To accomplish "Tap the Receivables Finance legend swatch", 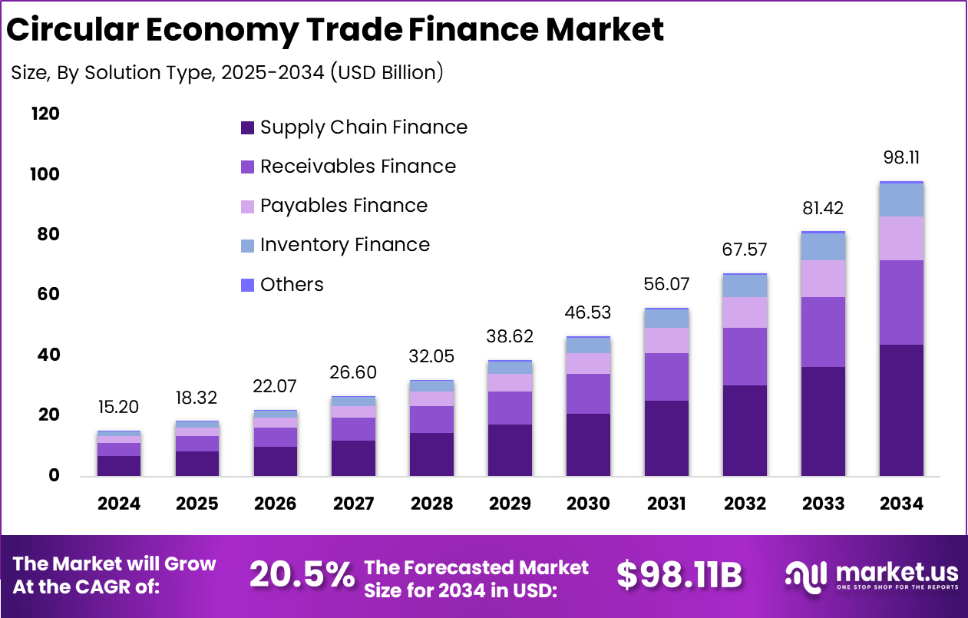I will click(247, 167).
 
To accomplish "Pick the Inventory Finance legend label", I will click(345, 245).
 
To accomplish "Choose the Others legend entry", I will click(292, 285).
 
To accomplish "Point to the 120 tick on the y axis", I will click(45, 114).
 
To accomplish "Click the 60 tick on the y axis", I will click(48, 295).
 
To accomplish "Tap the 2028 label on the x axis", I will click(431, 504).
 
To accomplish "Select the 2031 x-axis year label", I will click(666, 504).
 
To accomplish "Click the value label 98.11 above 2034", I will click(901, 158).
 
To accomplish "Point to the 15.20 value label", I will click(119, 408).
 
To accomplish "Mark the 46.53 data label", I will click(588, 313).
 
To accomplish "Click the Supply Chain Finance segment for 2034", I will click(901, 410).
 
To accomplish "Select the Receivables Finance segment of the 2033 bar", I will click(823, 332).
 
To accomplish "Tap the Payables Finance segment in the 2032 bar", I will click(745, 312).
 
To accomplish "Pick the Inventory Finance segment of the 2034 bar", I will click(901, 200).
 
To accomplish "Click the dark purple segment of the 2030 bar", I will click(588, 444).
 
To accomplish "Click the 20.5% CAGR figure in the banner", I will click(302, 575).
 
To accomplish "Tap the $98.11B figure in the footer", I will click(679, 575).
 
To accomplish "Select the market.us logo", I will click(871, 575).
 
